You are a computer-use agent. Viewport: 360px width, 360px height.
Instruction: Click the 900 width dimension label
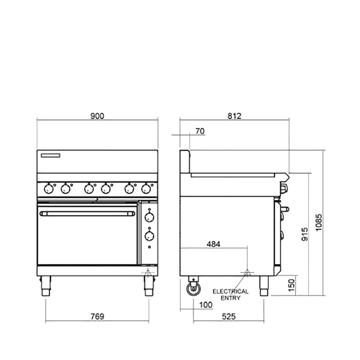[x=97, y=116]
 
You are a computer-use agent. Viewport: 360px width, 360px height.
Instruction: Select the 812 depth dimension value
[x=234, y=116]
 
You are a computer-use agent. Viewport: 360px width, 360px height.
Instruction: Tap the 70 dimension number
[x=200, y=131]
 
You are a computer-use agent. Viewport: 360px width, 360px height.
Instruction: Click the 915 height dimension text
[x=305, y=234]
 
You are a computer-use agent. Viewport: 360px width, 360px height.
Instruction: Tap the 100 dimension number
[x=206, y=305]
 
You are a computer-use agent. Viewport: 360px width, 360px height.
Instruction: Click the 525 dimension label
[x=229, y=316]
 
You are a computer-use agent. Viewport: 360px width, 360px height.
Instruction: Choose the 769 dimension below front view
[x=97, y=316]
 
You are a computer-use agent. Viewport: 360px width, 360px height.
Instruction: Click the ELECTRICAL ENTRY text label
[x=230, y=294]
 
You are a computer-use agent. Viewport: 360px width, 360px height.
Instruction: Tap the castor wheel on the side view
[x=193, y=288]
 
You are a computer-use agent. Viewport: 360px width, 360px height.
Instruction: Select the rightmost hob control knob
[x=145, y=188]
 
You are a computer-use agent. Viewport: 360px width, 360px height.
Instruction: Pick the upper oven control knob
[x=149, y=217]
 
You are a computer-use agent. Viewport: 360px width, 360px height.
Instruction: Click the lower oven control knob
[x=149, y=236]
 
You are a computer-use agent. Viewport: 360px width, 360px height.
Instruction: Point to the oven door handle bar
[x=87, y=214]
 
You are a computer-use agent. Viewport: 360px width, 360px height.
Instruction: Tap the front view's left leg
[x=45, y=286]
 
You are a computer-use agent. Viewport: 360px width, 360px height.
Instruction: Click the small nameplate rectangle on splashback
[x=51, y=156]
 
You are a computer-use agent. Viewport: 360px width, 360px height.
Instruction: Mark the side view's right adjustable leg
[x=264, y=286]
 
